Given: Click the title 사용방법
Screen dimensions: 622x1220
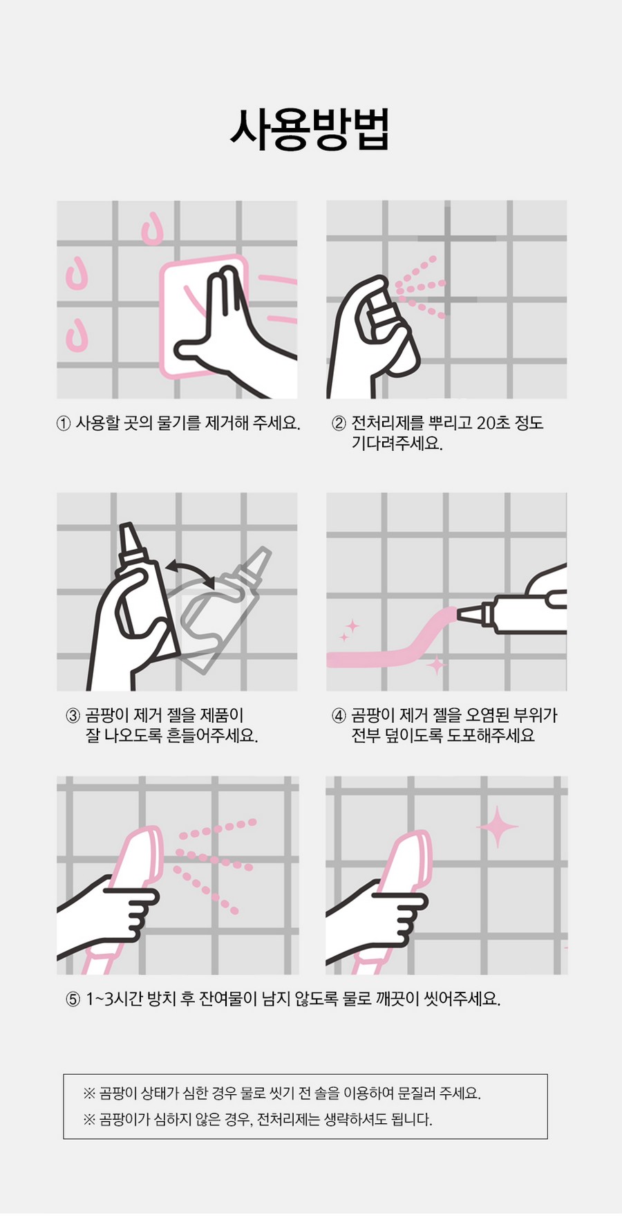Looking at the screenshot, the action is coord(310,129).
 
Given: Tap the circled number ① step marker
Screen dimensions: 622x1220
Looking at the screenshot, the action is coord(64,423).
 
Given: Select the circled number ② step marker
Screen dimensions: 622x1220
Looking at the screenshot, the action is coord(339,423).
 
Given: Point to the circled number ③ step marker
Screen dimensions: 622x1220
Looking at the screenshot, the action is coord(73,716).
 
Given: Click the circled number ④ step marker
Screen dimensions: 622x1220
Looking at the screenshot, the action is coord(339,716).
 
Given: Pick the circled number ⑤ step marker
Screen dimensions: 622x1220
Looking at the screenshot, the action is coord(73,999).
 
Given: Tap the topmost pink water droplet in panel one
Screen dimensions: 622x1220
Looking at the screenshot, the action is coord(152,229).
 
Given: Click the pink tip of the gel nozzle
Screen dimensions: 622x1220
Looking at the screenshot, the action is coord(466,613).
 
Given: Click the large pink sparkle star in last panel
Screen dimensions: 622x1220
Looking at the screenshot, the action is coord(498,826).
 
